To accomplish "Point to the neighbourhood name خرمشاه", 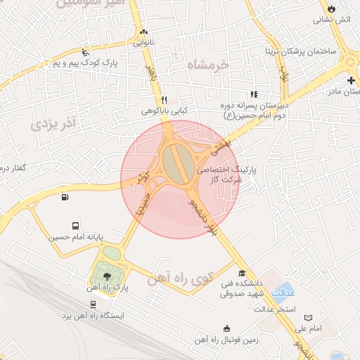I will [x=209, y=65].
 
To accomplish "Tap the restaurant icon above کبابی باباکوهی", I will [x=164, y=99].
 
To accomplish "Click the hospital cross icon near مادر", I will [x=351, y=80].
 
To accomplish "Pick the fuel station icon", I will [x=65, y=197].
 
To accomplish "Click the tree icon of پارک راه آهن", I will [x=107, y=276].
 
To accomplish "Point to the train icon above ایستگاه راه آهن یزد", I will [x=92, y=304].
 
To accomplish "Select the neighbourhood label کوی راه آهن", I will [x=180, y=279].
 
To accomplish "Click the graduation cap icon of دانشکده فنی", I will [x=243, y=273].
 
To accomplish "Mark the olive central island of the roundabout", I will [x=176, y=162].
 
